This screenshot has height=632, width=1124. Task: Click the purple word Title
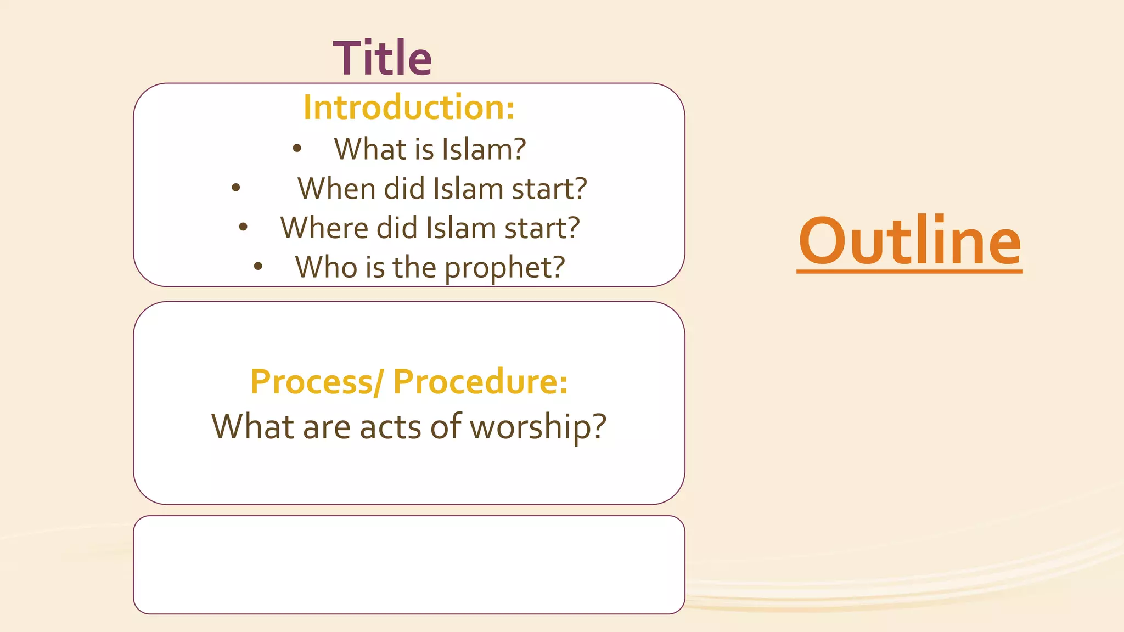(383, 58)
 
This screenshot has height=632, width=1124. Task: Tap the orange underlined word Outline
(909, 241)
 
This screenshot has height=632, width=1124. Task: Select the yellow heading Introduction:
(409, 107)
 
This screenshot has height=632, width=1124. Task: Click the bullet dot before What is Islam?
(297, 148)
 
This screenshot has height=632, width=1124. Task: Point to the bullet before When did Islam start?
(236, 188)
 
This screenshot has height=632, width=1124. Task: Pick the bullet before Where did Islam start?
(243, 227)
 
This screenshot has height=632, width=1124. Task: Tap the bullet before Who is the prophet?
(258, 267)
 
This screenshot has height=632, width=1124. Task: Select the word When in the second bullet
(336, 189)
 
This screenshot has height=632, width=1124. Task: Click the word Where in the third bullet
(324, 228)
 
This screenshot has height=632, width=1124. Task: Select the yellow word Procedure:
(480, 382)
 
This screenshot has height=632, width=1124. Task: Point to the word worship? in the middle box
(538, 427)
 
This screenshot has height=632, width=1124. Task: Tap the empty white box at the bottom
(409, 565)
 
